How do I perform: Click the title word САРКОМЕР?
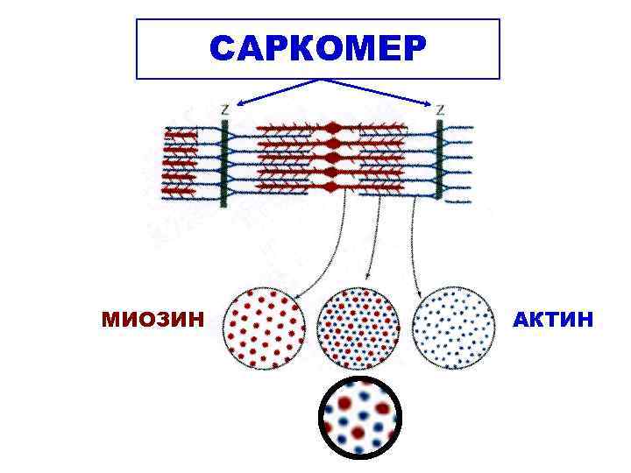click(x=317, y=49)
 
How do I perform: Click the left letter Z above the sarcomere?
click(x=226, y=110)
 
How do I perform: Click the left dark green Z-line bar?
click(x=224, y=163)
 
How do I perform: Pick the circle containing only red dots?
click(x=265, y=328)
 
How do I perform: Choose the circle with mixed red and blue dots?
click(x=358, y=328)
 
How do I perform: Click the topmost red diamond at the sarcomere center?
click(x=332, y=128)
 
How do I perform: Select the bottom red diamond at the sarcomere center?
click(x=331, y=187)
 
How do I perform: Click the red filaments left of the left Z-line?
click(x=181, y=163)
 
